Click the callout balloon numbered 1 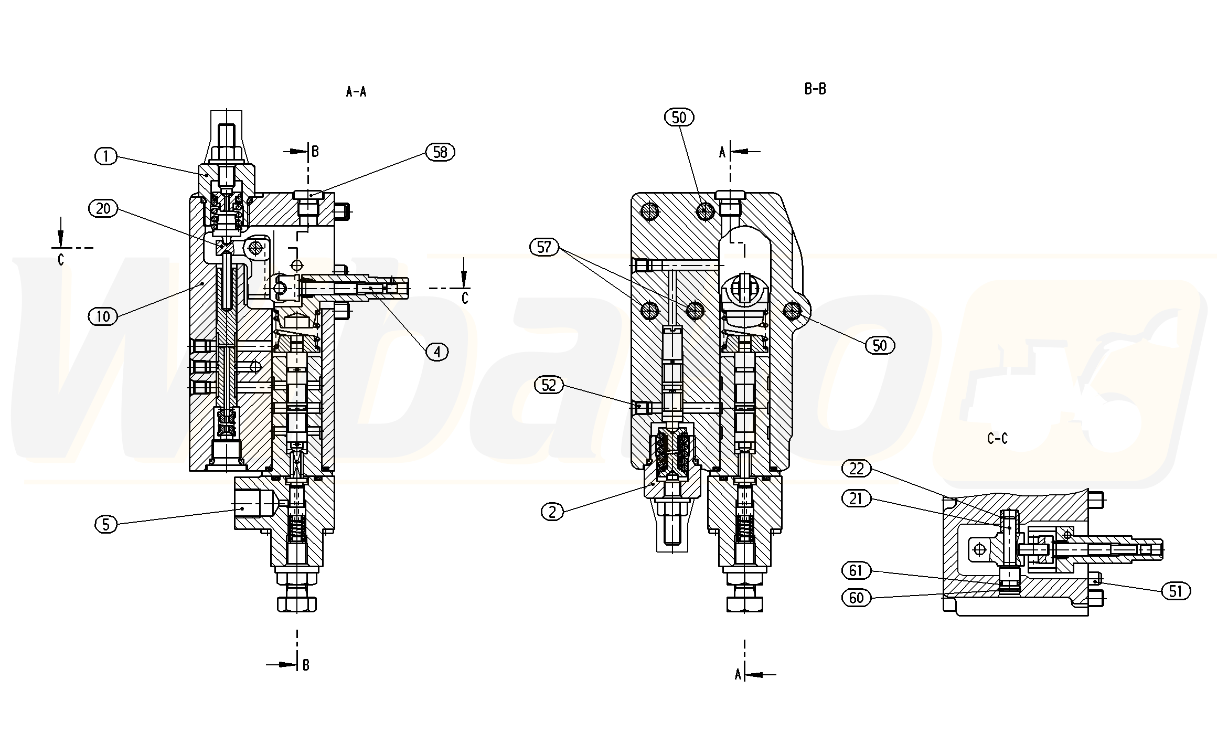106,156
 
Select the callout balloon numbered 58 440,152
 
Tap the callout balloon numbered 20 103,208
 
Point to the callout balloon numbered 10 103,316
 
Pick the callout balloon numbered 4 437,352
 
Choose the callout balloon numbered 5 106,524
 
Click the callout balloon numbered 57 544,247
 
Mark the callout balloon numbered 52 549,385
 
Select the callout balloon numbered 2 552,511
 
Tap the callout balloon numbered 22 857,469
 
